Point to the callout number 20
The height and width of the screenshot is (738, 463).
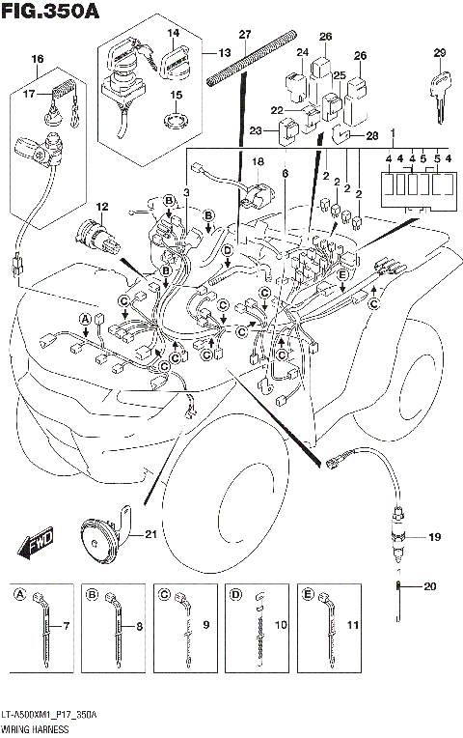click(430, 586)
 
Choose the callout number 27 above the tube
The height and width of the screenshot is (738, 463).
click(244, 35)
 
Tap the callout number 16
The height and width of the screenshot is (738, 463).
click(38, 60)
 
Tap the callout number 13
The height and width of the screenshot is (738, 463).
click(224, 51)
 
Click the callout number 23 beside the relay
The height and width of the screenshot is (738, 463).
click(256, 130)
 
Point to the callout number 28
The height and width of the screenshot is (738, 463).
click(373, 136)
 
